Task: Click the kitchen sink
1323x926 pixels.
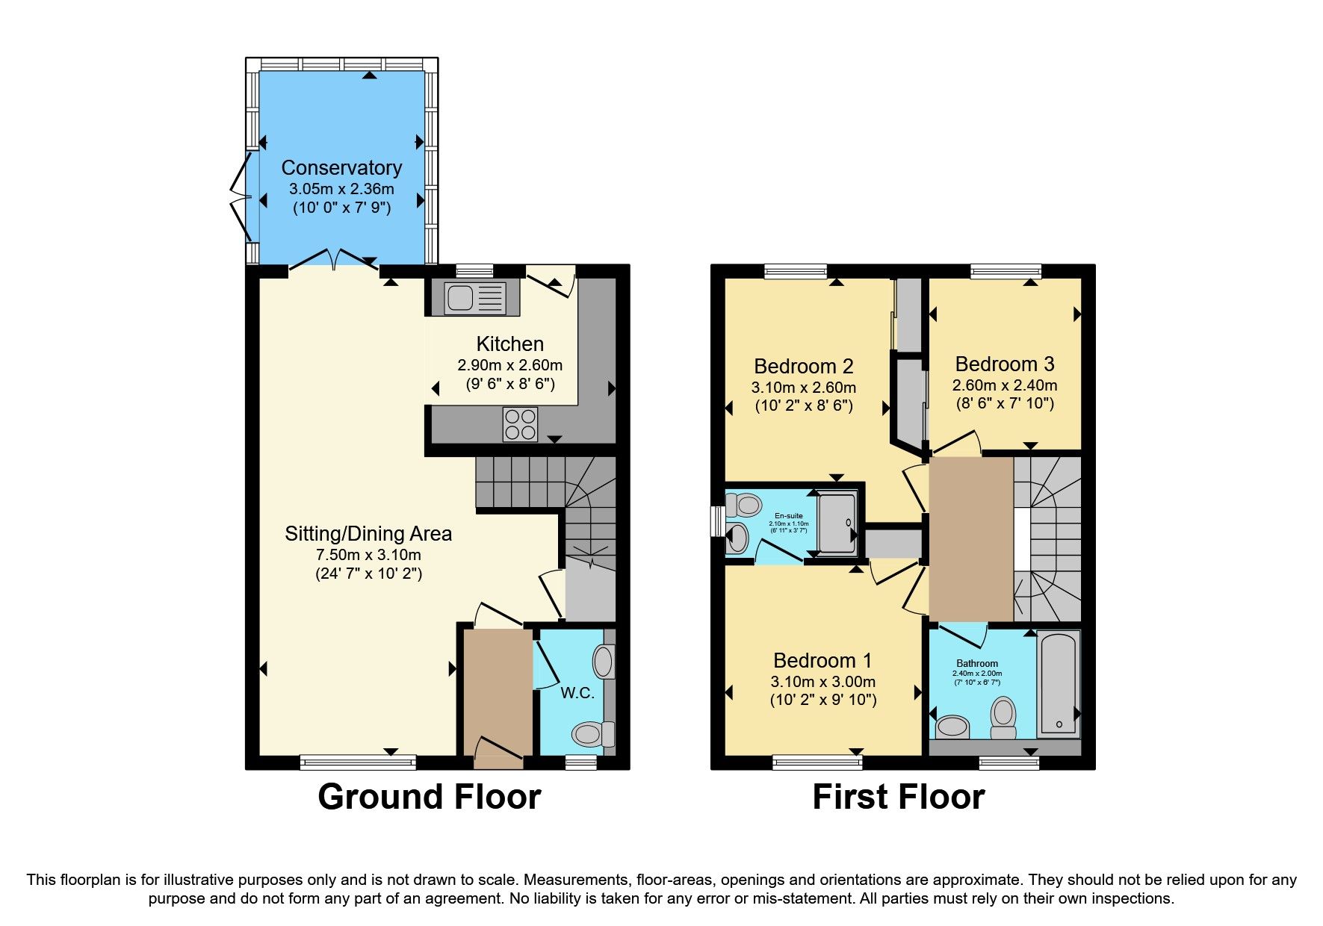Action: point(474,297)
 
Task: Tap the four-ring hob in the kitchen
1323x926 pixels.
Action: point(520,424)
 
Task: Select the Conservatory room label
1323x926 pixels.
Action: point(341,168)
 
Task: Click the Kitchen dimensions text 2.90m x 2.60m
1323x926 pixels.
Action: point(509,366)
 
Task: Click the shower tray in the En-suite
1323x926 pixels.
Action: point(837,523)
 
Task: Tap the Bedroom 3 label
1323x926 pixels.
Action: point(1004,364)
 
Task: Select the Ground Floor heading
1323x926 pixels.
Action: point(429,797)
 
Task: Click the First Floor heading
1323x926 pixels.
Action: point(898,797)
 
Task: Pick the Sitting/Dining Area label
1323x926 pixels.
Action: point(368,534)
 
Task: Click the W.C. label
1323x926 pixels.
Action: point(577,693)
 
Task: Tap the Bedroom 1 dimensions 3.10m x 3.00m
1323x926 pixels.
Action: point(822,682)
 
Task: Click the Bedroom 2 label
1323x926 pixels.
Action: point(803,367)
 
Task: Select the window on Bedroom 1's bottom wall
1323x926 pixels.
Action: point(817,762)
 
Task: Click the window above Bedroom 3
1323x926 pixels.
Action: point(1006,271)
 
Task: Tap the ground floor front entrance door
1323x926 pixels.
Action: point(498,753)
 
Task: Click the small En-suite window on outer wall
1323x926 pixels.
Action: point(716,521)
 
